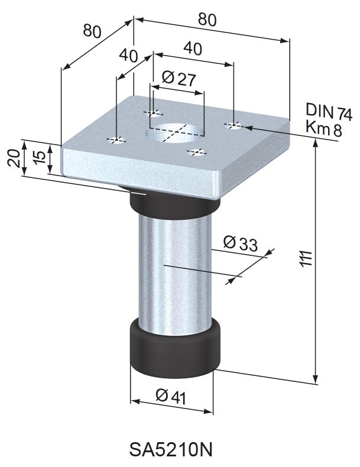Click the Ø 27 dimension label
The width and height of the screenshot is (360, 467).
177,78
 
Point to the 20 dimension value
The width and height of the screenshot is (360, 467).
15,158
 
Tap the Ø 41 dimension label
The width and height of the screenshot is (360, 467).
171,396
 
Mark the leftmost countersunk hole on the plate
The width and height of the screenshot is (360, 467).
117,140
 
